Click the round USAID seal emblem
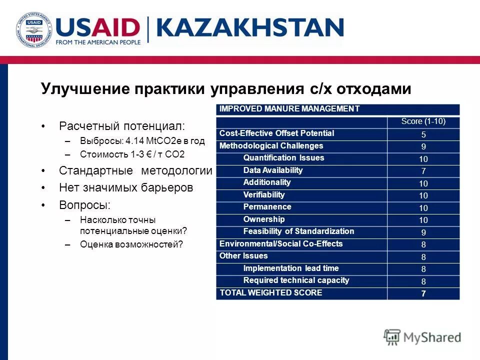pos(33,31)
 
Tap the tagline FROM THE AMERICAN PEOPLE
pos(98,42)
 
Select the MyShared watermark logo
pos(422,337)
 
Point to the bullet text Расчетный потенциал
pos(121,125)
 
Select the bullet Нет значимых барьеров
pos(125,188)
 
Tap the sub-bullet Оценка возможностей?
pos(131,244)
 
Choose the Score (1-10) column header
pos(423,121)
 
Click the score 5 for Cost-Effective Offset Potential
pos(423,134)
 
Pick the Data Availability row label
pos(273,170)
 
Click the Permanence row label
pos(267,206)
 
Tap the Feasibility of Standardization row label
pos(298,231)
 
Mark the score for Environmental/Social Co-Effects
pos(423,245)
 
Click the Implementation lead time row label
pos(290,268)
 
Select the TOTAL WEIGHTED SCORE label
pos(270,292)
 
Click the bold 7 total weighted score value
pos(423,294)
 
